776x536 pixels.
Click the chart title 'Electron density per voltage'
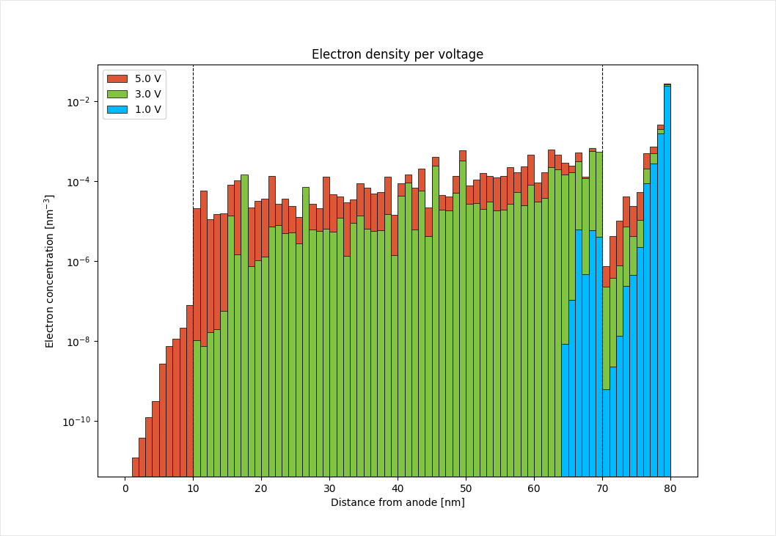click(397, 54)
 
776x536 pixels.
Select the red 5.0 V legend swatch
click(117, 78)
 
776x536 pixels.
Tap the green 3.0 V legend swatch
click(117, 94)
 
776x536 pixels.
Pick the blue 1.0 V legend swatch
click(117, 110)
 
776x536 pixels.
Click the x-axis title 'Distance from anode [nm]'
click(397, 502)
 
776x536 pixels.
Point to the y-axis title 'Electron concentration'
click(50, 271)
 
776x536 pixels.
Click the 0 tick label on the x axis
click(125, 488)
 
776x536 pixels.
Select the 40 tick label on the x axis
click(397, 488)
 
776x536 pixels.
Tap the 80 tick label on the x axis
click(670, 488)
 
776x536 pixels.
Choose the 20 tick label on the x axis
click(261, 488)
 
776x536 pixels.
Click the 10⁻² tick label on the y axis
click(78, 102)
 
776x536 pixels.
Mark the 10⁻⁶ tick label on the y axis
click(78, 262)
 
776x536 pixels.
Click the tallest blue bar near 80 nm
click(667, 279)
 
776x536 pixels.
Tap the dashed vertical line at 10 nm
click(193, 132)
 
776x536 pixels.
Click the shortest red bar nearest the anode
click(136, 467)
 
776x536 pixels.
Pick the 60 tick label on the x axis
click(533, 488)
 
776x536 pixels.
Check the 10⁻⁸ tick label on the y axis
click(78, 342)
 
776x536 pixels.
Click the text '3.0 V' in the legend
click(147, 94)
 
